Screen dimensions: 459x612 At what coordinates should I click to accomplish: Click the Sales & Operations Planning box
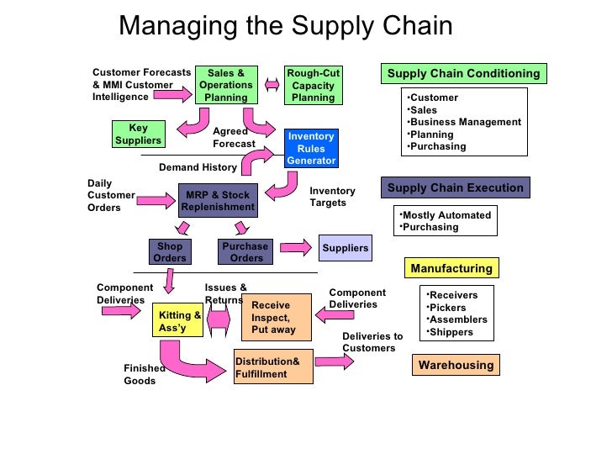[x=226, y=85]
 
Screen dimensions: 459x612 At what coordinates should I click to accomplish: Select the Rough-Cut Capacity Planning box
[x=313, y=85]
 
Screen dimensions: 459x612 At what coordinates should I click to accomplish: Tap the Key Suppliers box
[x=138, y=134]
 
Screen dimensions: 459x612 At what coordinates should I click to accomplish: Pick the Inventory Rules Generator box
[x=311, y=149]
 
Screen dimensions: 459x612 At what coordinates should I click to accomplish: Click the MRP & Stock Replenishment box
[x=218, y=201]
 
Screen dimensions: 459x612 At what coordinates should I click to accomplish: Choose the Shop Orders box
[x=170, y=251]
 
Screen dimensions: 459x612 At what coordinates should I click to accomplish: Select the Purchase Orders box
[x=245, y=251]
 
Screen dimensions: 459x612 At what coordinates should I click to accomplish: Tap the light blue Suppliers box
[x=346, y=248]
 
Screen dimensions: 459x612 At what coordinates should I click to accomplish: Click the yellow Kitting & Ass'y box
[x=177, y=321]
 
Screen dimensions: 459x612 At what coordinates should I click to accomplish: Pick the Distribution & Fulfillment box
[x=274, y=367]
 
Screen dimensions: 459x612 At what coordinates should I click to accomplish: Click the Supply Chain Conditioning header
[x=463, y=74]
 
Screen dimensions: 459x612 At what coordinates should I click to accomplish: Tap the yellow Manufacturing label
[x=451, y=269]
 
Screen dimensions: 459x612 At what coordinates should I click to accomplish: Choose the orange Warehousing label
[x=456, y=366]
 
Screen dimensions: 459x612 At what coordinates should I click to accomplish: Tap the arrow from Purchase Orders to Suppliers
[x=295, y=248]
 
